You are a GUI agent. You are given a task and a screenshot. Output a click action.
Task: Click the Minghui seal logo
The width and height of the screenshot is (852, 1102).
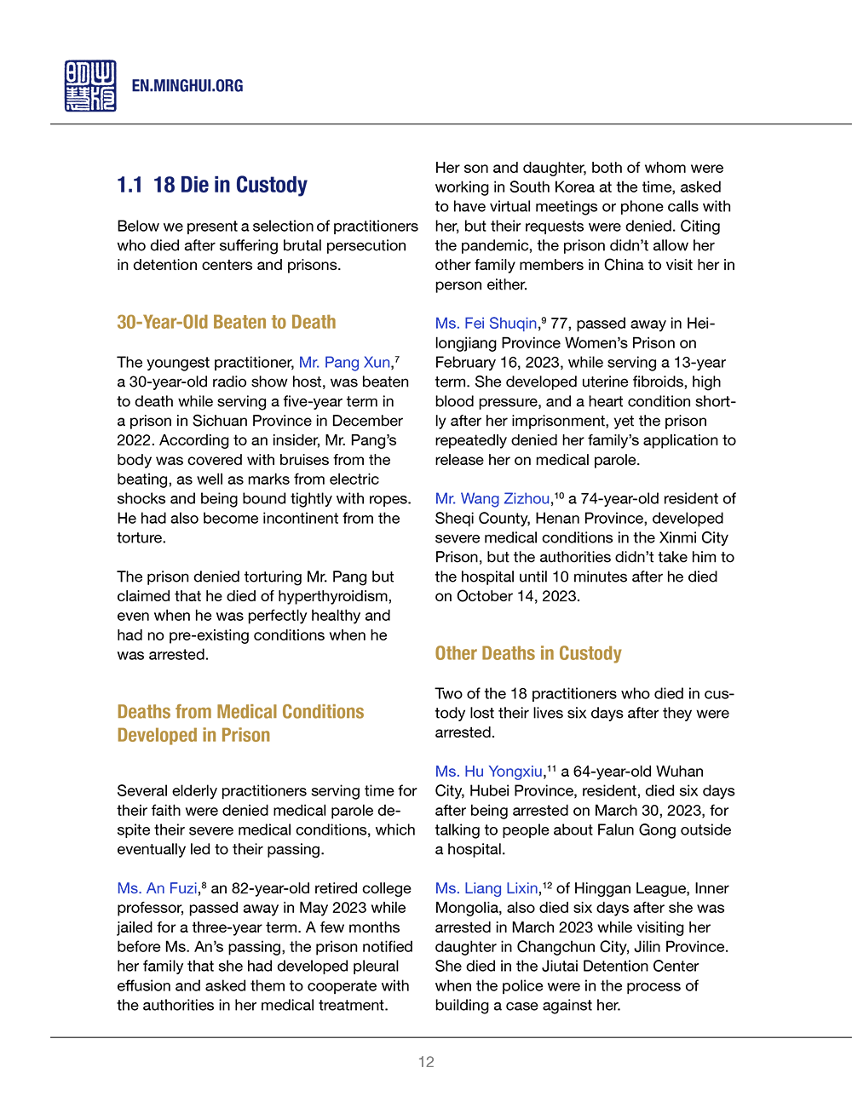click(x=90, y=86)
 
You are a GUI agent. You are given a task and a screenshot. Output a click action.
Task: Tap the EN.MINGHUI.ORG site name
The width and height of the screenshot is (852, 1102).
click(x=187, y=86)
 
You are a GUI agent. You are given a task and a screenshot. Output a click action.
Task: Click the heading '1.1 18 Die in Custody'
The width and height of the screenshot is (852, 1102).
click(x=212, y=185)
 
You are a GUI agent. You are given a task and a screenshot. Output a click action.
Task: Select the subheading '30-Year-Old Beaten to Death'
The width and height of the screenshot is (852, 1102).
click(x=227, y=322)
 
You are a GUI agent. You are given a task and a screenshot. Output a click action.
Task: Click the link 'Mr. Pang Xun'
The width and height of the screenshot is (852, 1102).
click(x=344, y=363)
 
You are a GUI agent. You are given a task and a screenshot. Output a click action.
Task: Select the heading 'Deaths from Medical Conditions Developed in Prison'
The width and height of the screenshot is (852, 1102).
click(x=240, y=723)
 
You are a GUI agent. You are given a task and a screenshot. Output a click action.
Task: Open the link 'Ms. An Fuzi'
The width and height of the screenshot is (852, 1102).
click(x=157, y=888)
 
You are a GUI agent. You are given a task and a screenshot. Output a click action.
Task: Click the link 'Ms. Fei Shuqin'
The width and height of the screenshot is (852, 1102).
click(x=486, y=324)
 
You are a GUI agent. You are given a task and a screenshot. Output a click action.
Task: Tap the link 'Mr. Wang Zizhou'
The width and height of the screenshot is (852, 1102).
click(x=492, y=499)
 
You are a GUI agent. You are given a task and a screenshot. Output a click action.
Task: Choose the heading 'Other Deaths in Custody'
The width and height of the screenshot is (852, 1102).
click(x=528, y=653)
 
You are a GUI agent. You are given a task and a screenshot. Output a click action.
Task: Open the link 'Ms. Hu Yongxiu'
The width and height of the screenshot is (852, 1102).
click(x=488, y=772)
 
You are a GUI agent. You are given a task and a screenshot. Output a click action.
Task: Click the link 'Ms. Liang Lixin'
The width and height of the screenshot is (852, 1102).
click(x=486, y=888)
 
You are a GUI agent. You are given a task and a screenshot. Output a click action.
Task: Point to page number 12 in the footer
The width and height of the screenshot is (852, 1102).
click(x=426, y=1062)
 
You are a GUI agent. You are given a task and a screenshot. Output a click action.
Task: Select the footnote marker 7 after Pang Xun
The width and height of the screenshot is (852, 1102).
click(x=397, y=359)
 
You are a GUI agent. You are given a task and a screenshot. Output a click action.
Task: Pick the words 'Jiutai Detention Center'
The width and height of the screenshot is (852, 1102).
click(x=620, y=966)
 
